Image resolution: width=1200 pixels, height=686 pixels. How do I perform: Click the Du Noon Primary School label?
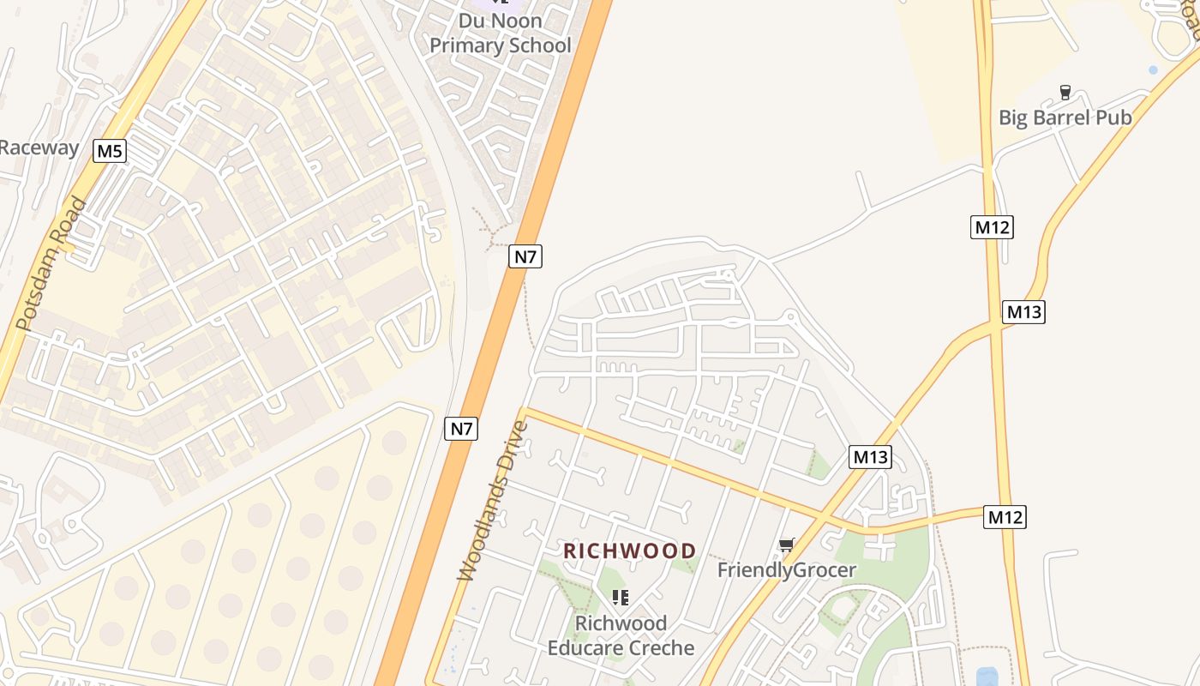pyautogui.click(x=500, y=33)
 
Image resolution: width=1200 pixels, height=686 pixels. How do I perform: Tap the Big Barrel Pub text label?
pyautogui.click(x=1065, y=117)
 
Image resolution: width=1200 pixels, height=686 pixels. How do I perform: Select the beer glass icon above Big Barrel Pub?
pyautogui.click(x=1065, y=92)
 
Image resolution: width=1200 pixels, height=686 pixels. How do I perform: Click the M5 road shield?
pyautogui.click(x=110, y=152)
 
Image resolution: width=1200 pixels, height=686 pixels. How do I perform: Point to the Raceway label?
pyautogui.click(x=39, y=147)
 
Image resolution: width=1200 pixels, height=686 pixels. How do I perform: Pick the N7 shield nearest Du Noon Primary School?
pyautogui.click(x=525, y=256)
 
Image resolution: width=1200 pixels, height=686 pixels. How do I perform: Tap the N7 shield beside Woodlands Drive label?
pyautogui.click(x=461, y=429)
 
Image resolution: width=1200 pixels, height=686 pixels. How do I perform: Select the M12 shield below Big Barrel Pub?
pyautogui.click(x=992, y=227)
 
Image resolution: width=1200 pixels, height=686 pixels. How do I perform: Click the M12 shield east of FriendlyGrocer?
pyautogui.click(x=1005, y=517)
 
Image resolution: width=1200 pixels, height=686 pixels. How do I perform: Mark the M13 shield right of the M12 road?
pyautogui.click(x=1023, y=312)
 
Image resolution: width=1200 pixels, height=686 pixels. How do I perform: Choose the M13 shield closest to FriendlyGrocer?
pyautogui.click(x=871, y=457)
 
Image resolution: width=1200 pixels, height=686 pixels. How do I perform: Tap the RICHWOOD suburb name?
pyautogui.click(x=630, y=551)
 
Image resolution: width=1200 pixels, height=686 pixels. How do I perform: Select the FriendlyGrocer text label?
pyautogui.click(x=786, y=569)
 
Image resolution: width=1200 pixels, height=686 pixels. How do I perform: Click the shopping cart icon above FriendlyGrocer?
pyautogui.click(x=786, y=545)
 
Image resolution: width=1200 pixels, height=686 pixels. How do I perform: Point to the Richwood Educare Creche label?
pyautogui.click(x=621, y=635)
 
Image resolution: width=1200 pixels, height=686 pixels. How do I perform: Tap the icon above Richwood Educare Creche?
pyautogui.click(x=620, y=597)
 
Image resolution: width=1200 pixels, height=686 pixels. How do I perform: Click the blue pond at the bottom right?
pyautogui.click(x=987, y=677)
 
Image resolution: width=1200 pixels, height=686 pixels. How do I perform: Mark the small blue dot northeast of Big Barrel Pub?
pyautogui.click(x=1153, y=69)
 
